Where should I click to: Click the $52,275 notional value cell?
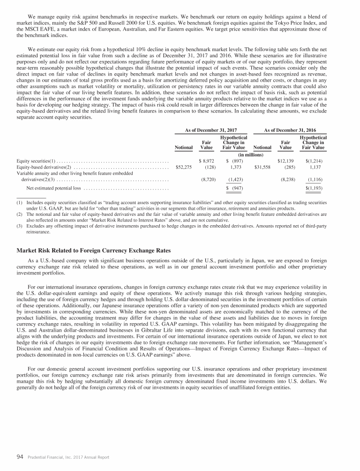[183, 167]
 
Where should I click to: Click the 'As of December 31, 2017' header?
[210, 129]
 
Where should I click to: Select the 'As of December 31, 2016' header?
[288, 129]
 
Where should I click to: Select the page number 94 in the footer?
[20, 457]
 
